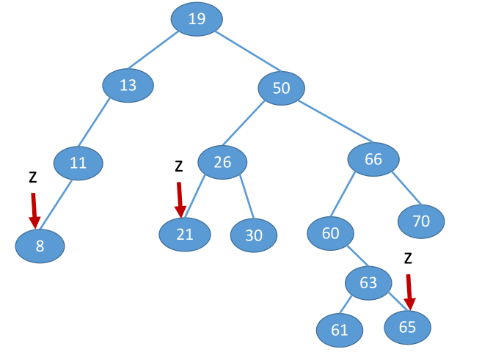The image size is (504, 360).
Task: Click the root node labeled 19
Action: tap(197, 19)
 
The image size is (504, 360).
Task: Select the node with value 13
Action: tap(128, 85)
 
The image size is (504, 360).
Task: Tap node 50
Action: tap(281, 89)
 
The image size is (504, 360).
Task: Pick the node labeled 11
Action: tap(78, 164)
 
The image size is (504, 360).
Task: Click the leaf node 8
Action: tap(40, 246)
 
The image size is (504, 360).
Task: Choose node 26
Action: tap(222, 162)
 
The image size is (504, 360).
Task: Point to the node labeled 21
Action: tap(184, 234)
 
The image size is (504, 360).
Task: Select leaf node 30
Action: tap(254, 235)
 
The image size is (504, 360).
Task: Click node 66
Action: tap(373, 159)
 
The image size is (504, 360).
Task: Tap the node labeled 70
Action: tap(421, 221)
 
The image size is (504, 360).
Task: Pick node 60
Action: tap(330, 233)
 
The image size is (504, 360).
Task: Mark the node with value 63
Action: tap(368, 283)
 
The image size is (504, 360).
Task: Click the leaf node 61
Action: tap(339, 331)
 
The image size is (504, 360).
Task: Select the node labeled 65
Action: tap(407, 327)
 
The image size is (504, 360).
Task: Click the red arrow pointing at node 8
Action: tap(34, 210)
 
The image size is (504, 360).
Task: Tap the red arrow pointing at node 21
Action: tap(179, 199)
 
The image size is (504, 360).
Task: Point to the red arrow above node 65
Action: tap(409, 291)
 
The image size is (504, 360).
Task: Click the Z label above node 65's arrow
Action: tap(408, 258)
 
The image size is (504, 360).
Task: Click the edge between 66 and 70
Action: tap(406, 188)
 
